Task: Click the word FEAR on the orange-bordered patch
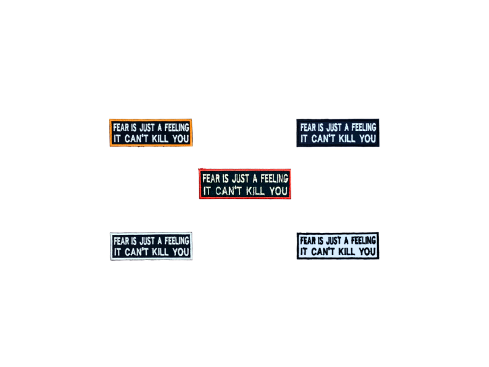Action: click(x=120, y=127)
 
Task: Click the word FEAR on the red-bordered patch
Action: click(x=210, y=178)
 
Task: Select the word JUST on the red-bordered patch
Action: click(x=243, y=178)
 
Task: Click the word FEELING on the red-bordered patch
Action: click(x=272, y=178)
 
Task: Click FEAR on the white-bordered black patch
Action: click(x=120, y=240)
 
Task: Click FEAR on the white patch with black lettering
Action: click(x=307, y=240)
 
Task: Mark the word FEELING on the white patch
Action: click(x=363, y=240)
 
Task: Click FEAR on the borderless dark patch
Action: click(x=307, y=127)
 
